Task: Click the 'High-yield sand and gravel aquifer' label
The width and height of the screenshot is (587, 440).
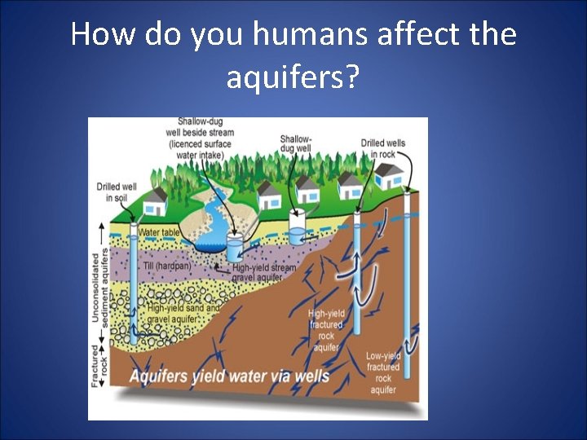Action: tap(183, 314)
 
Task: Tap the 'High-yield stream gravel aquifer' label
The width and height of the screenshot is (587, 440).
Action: tap(264, 272)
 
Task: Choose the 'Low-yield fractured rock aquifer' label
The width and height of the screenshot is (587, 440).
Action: tap(382, 372)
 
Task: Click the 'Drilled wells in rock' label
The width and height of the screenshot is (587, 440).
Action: tap(382, 148)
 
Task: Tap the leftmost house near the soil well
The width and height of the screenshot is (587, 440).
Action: tap(154, 198)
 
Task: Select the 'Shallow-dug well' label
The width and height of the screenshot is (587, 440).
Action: tap(295, 144)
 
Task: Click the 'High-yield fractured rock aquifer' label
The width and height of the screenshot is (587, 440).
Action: tap(326, 330)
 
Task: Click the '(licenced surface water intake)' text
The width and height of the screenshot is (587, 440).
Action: tap(200, 149)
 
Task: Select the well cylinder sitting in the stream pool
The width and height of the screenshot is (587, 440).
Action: tap(235, 249)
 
